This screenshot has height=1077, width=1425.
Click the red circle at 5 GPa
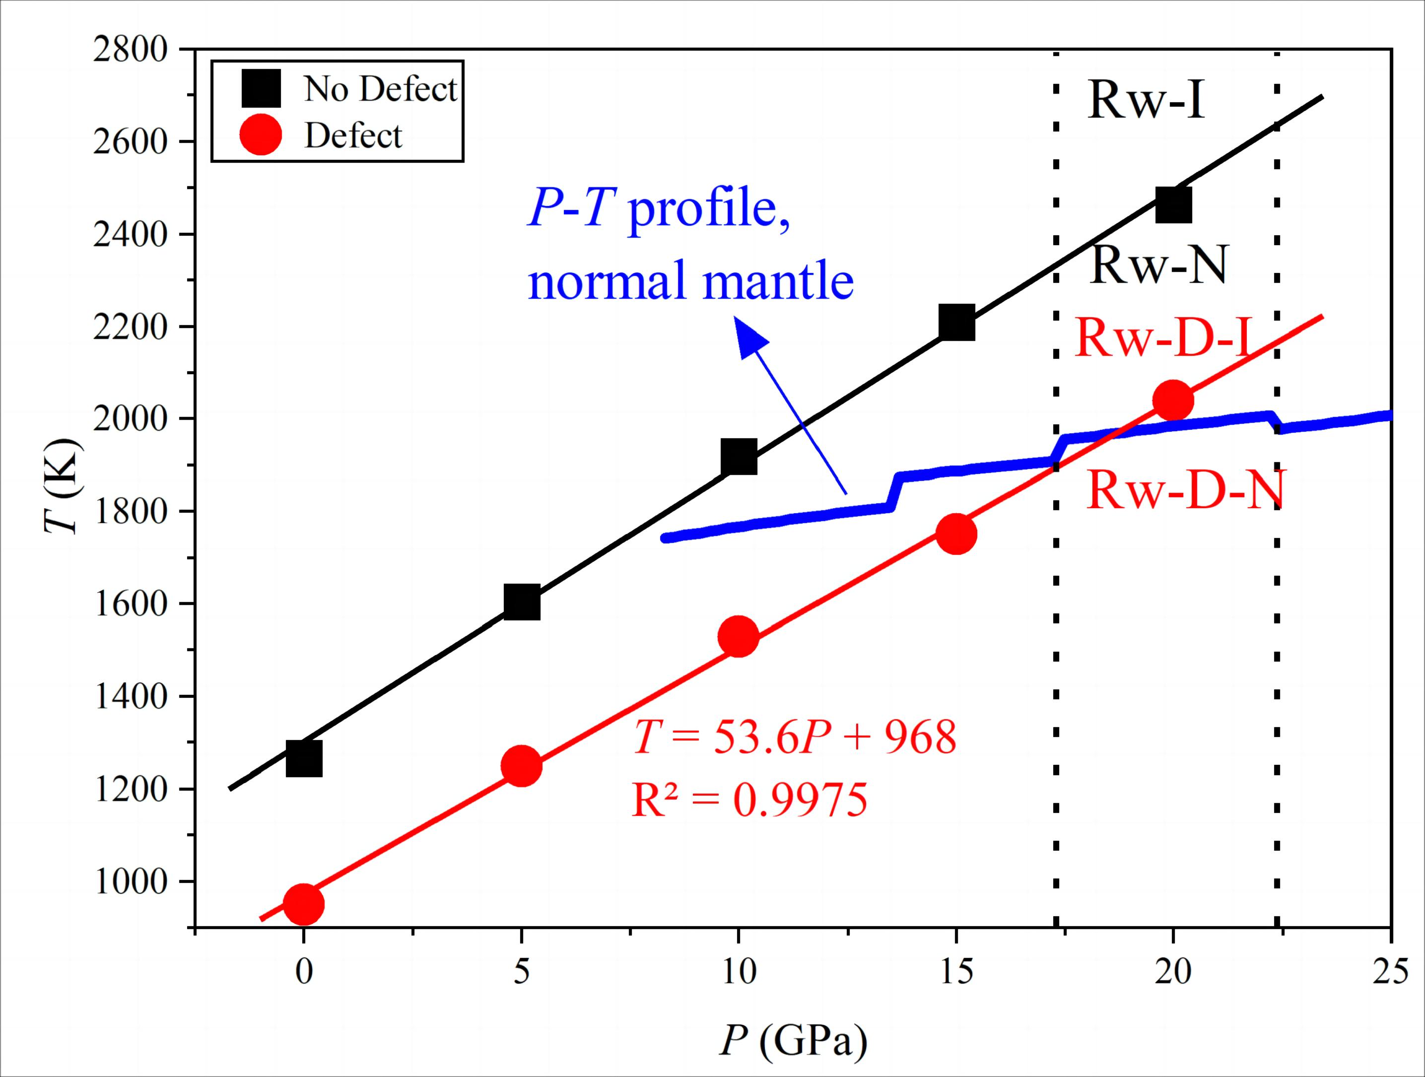(521, 766)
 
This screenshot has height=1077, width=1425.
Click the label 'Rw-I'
(1146, 101)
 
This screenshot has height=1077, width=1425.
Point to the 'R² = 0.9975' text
(749, 800)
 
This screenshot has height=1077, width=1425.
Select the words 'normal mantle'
(690, 281)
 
